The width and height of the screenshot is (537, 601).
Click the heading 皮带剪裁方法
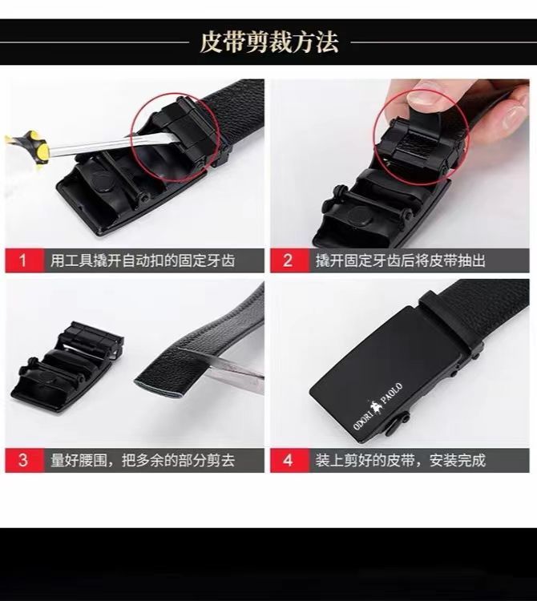(x=268, y=42)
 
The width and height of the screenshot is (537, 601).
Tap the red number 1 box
(x=23, y=260)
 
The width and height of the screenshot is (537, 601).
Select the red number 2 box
(x=289, y=260)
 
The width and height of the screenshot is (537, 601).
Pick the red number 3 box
(x=23, y=460)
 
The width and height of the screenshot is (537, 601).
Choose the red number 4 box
(x=289, y=460)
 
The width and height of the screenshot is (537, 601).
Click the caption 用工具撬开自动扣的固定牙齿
(x=143, y=261)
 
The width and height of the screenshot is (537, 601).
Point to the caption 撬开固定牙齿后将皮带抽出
(x=400, y=261)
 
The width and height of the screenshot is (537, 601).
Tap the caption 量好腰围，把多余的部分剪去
(x=143, y=460)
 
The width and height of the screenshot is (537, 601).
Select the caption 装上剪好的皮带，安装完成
(x=400, y=460)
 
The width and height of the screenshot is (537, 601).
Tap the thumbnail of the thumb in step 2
(x=424, y=97)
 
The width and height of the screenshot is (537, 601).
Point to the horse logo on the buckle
(x=374, y=407)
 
